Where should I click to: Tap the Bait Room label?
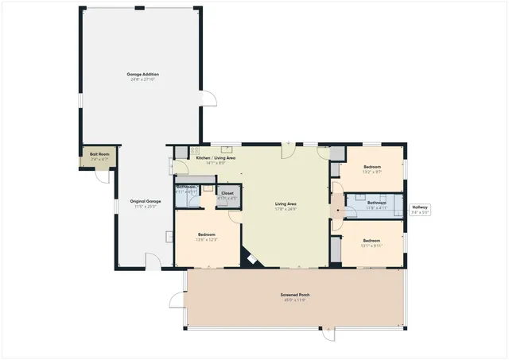coord(99,153)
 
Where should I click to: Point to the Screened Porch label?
coord(294,295)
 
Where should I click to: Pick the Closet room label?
coord(227,193)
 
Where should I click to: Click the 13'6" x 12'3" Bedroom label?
coord(207,235)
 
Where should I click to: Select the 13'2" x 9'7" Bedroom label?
coord(372,167)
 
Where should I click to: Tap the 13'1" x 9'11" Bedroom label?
coord(372,240)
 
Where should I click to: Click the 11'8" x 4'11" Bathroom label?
coord(377,203)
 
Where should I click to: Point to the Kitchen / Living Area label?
coord(216,158)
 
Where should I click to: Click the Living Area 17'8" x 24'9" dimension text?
coord(286,209)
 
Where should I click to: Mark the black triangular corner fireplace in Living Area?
coord(251,259)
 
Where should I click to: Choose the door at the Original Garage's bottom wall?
coord(153,259)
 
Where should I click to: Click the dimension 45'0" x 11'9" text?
coord(294,300)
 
